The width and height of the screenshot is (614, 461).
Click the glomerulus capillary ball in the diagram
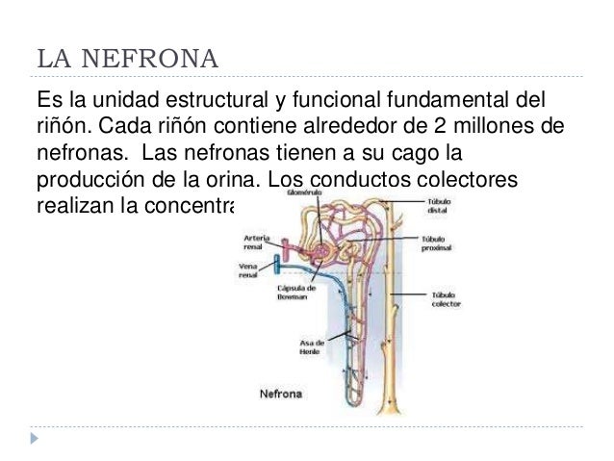[320, 249]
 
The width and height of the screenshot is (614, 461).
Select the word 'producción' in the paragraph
[87, 180]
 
